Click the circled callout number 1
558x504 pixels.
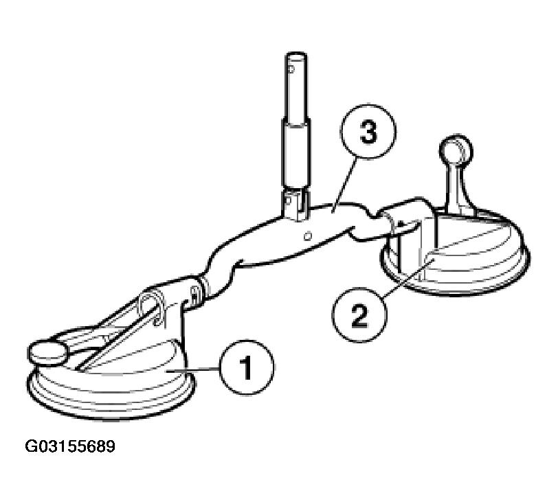click(247, 367)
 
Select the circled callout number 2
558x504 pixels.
click(359, 314)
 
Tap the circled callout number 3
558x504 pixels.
click(368, 132)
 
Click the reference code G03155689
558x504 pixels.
click(70, 446)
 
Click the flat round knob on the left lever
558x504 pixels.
click(47, 352)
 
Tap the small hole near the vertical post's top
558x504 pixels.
click(291, 69)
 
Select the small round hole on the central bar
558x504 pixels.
click(309, 236)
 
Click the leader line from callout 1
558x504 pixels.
click(194, 371)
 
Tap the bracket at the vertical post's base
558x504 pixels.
click(296, 205)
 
